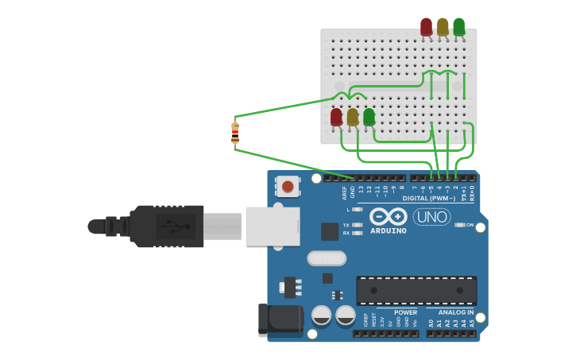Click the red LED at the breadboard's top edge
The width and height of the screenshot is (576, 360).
point(427,27)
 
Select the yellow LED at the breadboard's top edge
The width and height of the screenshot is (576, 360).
point(443,27)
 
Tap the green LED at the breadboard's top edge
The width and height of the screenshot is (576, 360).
point(458,27)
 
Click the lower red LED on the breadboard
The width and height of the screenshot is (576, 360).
point(336,118)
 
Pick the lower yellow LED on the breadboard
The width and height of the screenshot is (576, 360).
point(353,118)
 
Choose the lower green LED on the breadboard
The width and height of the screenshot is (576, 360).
point(369,118)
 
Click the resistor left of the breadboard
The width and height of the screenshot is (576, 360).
point(235,133)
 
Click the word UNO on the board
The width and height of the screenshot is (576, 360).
point(431,216)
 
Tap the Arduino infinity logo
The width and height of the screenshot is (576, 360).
point(389,217)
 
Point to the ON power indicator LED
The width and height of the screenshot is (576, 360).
point(459,225)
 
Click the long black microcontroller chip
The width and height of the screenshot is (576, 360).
point(416,291)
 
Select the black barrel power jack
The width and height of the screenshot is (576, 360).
point(280,320)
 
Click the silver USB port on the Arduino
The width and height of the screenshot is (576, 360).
point(272,226)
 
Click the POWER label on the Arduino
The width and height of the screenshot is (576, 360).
point(405,312)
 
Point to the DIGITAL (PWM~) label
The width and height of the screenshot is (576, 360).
point(429,198)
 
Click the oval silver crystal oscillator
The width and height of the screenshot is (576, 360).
point(327,258)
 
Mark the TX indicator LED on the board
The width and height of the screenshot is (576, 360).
point(357,225)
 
